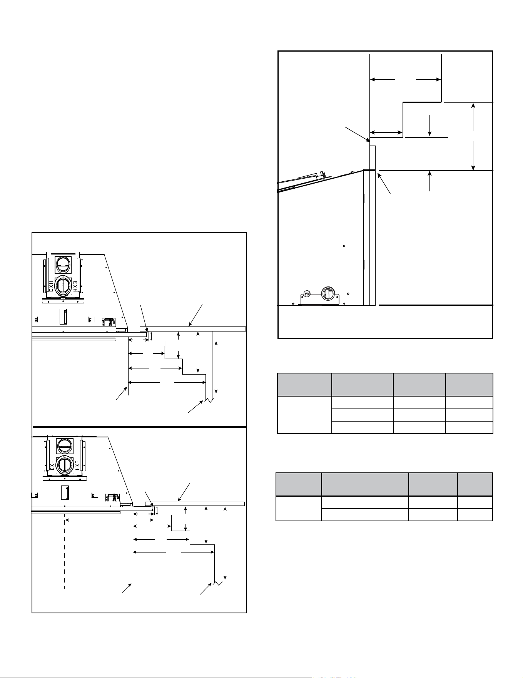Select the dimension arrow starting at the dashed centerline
(109, 520)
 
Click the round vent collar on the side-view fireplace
(326, 295)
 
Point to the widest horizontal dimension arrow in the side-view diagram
(405, 80)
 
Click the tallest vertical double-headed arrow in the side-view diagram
(473, 136)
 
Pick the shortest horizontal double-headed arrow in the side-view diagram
(386, 133)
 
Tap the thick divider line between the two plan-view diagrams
(139, 427)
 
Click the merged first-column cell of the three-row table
(304, 415)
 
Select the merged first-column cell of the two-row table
(299, 508)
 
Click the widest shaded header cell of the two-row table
(365, 484)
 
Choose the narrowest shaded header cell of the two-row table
(475, 484)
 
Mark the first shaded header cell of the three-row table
(304, 384)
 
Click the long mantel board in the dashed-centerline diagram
(195, 504)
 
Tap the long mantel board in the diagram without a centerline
(193, 329)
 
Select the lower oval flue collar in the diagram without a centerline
(62, 286)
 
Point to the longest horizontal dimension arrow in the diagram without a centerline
(167, 382)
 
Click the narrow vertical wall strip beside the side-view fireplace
(373, 225)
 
